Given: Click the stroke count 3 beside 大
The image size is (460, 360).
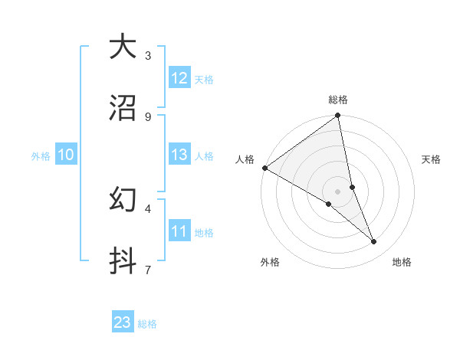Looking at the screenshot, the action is (147, 55).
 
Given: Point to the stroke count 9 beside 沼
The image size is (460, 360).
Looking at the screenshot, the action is (147, 116).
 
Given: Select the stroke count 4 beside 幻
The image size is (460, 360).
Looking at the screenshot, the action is (147, 208).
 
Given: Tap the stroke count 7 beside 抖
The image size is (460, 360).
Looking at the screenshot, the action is (147, 270).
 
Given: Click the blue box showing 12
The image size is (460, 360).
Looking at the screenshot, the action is (179, 78).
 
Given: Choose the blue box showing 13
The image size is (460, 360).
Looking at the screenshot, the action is (179, 155).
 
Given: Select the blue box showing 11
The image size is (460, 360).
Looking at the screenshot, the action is (179, 231).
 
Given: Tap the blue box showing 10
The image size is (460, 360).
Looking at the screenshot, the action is (66, 155).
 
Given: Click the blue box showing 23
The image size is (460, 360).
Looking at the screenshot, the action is (123, 323).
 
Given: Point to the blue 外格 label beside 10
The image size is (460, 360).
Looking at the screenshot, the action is (41, 156).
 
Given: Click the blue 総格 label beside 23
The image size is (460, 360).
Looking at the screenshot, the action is (148, 324).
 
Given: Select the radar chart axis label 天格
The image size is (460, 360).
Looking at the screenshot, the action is (432, 159).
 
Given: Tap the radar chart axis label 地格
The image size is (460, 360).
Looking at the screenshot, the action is (402, 263).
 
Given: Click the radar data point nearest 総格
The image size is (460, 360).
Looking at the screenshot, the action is (337, 117).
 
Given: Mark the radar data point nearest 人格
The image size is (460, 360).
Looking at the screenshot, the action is (264, 168).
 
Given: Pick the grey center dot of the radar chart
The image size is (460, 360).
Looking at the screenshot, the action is (337, 191).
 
